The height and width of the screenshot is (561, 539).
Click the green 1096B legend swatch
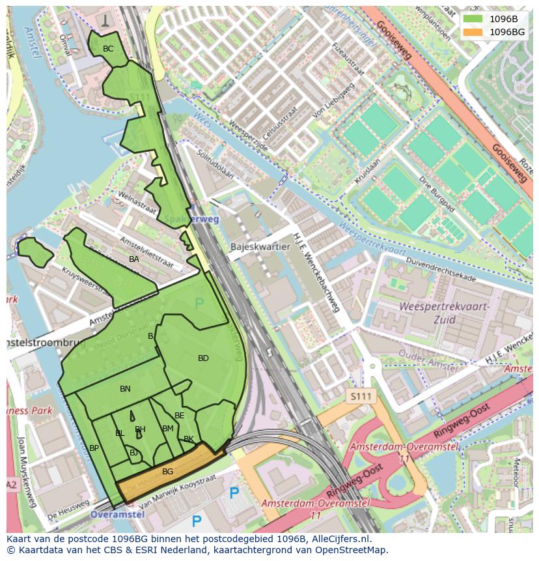pos(473,20)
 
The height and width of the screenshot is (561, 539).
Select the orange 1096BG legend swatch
pos(473,32)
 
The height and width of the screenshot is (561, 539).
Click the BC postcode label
pos(108,49)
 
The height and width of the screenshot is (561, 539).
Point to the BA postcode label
pos(133,259)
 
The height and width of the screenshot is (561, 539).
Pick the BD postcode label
pos(203,358)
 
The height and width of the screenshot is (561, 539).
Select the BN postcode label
pos(125,389)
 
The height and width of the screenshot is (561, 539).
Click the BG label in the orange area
pos(167,471)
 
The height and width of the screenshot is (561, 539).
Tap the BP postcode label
pos(94,448)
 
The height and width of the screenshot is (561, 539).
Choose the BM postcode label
pos(168,428)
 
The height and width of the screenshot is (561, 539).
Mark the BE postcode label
pos(180,416)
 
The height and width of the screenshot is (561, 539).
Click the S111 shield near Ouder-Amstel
pos(361,396)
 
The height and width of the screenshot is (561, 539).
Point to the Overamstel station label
pos(118,514)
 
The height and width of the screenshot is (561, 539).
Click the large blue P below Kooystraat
pos(196,521)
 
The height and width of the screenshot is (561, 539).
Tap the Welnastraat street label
pos(136,203)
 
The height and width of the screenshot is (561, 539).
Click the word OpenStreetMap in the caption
pos(351,549)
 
